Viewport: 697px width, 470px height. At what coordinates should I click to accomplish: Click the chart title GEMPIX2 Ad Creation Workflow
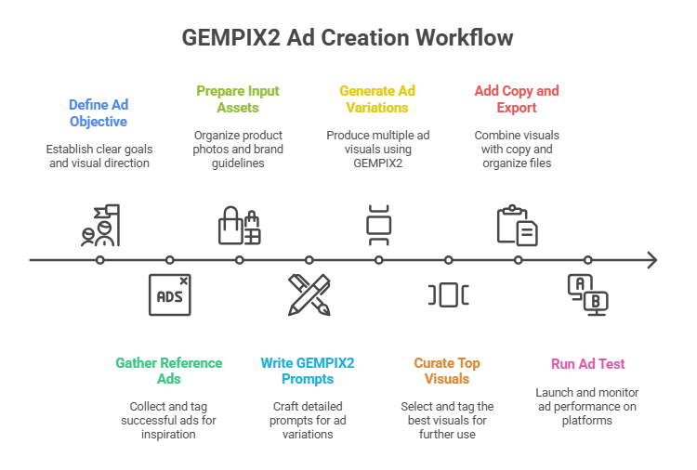348,38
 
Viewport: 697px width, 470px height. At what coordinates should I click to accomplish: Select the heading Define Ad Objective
99,114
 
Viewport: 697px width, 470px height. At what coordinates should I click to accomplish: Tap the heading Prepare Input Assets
238,98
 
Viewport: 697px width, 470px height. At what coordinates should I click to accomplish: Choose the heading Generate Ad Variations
377,98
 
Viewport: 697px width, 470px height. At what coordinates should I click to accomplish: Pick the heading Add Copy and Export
517,98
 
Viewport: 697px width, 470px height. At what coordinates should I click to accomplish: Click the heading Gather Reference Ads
169,371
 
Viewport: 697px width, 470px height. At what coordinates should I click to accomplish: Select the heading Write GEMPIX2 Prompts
308,371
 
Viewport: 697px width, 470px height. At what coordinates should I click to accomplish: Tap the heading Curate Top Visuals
448,371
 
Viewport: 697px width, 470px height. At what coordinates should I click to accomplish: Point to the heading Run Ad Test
586,363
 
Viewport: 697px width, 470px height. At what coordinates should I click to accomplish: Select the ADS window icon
169,295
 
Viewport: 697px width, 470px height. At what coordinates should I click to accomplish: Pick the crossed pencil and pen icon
309,295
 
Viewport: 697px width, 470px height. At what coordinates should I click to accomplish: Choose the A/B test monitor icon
587,295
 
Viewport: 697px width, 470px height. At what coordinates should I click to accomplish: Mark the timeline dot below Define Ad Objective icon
99,260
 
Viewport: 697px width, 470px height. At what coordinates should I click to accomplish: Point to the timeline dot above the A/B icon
587,260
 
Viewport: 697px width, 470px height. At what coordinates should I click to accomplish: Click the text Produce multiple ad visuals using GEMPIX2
377,149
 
